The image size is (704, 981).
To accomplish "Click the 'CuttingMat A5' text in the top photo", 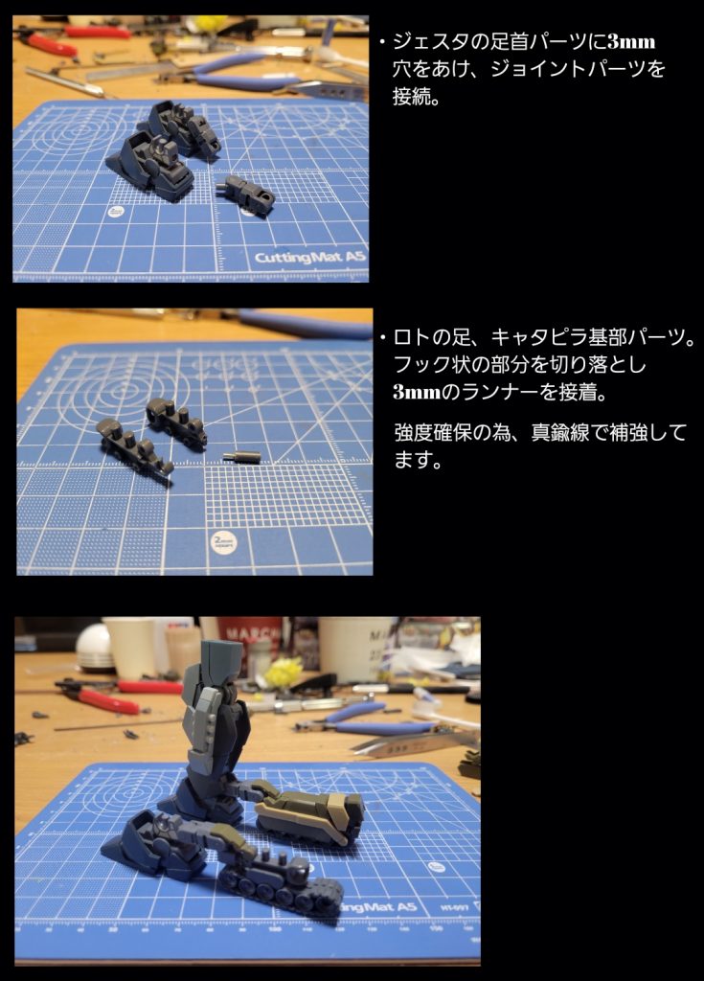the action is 309,257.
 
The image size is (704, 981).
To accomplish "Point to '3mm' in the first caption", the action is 631,42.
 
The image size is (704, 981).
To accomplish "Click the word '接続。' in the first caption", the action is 416,96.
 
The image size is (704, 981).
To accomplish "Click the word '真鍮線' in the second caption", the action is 560,432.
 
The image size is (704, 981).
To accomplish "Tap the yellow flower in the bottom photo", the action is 283,673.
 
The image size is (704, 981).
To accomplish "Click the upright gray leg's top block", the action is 221,658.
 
